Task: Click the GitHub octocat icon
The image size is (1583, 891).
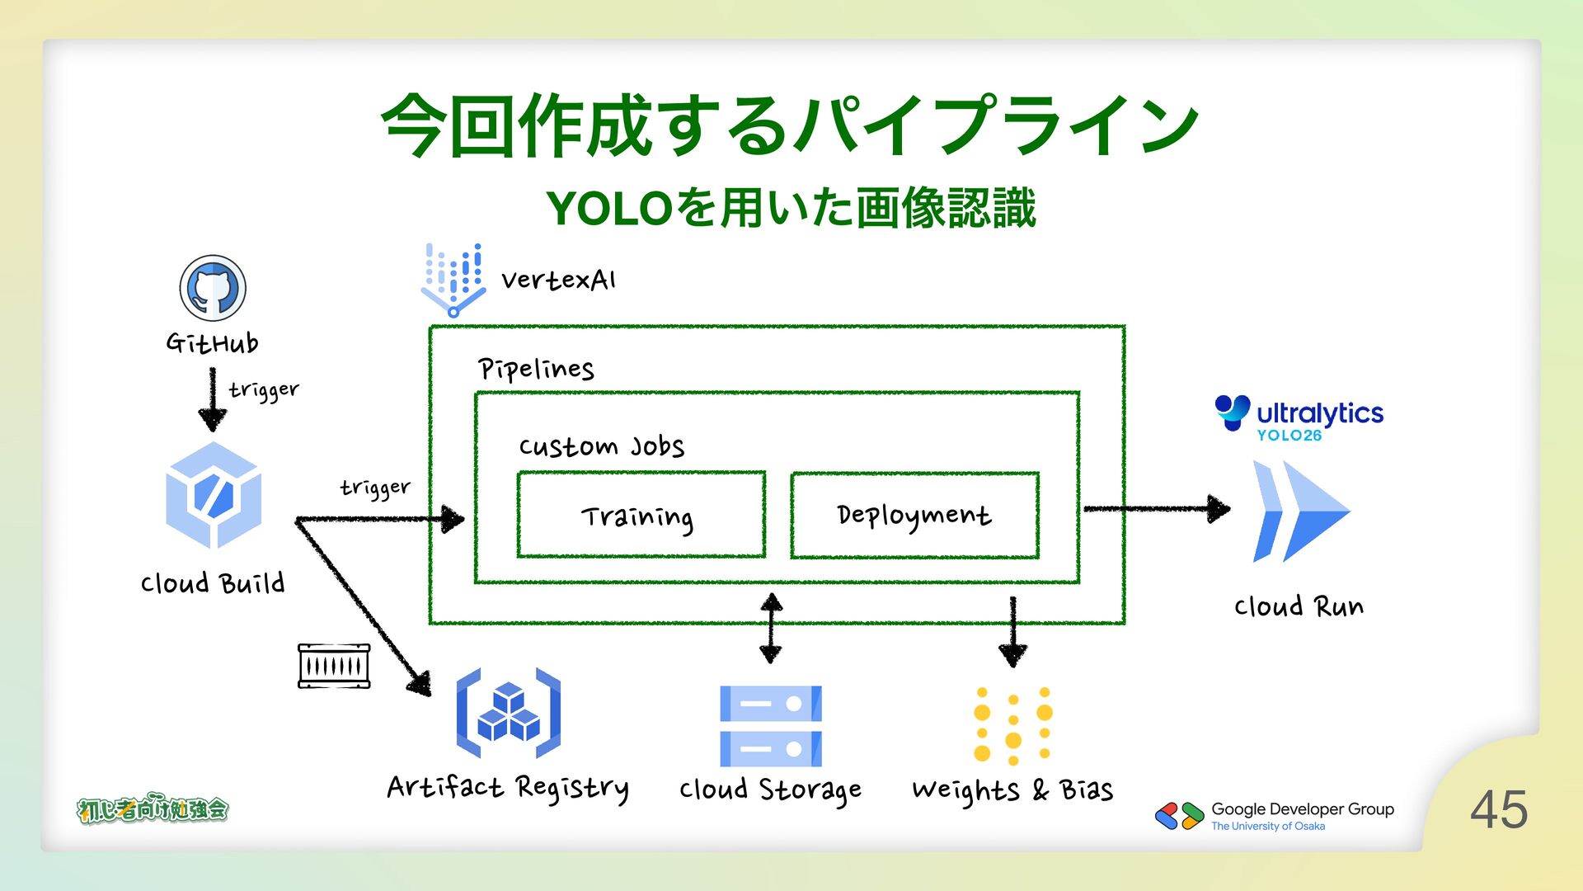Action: tap(213, 288)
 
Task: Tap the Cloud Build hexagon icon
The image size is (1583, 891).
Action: tap(214, 496)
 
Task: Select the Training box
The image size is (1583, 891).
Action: tap(641, 516)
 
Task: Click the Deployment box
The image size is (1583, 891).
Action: tap(914, 516)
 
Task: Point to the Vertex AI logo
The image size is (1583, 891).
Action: tap(453, 280)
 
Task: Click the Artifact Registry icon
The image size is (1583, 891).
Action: tap(508, 714)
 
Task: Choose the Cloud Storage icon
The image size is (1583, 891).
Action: tap(770, 726)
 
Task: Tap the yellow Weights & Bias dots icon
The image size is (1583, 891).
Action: tap(1012, 725)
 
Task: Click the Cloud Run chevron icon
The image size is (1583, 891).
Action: tap(1300, 511)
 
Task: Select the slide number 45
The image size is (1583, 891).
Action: tap(1498, 809)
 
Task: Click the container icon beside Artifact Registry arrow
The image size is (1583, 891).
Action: tap(334, 666)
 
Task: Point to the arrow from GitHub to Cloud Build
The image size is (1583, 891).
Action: tap(213, 400)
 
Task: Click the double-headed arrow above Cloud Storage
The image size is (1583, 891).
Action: tap(771, 629)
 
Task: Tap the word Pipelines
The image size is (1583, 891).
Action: tap(536, 369)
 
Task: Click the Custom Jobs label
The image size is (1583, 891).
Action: tap(601, 446)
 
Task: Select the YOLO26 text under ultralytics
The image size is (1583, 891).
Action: tap(1289, 436)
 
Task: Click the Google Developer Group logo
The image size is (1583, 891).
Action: tap(1180, 816)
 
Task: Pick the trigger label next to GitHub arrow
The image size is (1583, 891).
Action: tap(264, 389)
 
